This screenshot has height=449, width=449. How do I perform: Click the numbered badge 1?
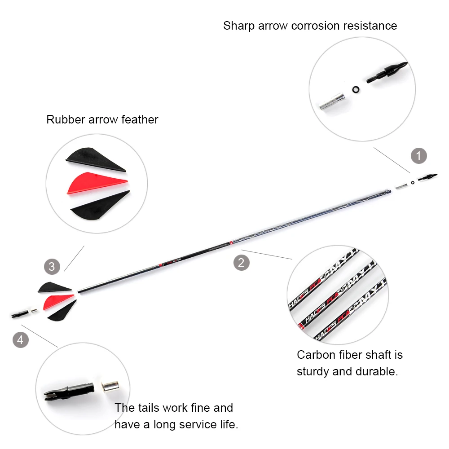(419, 156)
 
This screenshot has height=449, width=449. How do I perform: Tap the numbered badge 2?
(241, 262)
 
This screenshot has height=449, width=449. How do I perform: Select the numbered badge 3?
(52, 267)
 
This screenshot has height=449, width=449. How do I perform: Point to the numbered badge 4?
(20, 340)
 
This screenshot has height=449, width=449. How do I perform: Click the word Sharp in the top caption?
(238, 26)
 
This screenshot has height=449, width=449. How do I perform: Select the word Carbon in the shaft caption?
(316, 355)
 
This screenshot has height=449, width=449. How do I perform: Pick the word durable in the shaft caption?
(378, 372)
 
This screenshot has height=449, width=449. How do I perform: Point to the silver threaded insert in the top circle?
(333, 101)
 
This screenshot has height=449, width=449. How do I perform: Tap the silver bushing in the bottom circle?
(109, 386)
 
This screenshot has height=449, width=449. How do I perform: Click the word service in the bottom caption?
(189, 424)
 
